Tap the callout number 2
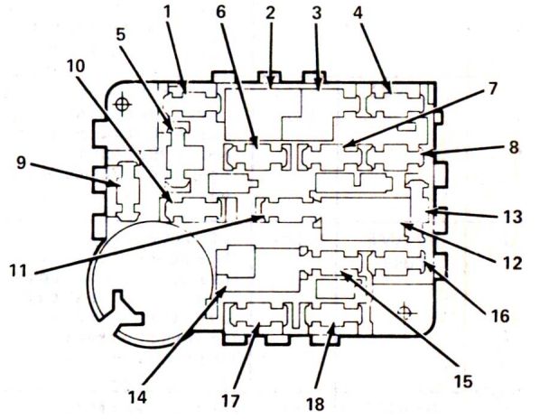(269, 14)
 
